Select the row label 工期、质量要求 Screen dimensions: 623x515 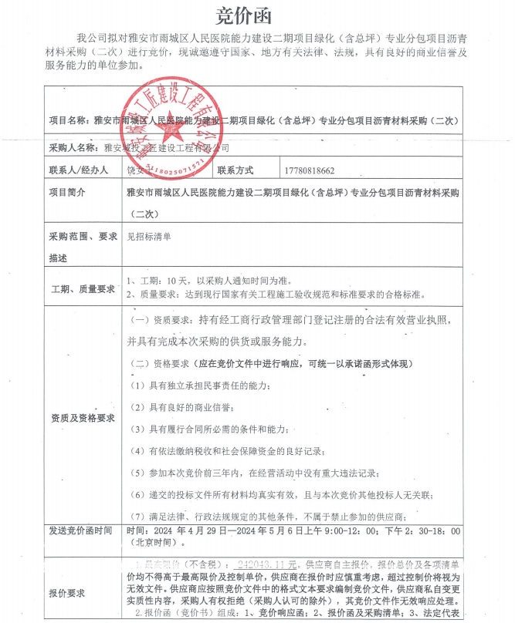coord(83,289)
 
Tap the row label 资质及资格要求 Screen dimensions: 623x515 coord(83,417)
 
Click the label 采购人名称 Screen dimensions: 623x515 coord(73,146)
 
